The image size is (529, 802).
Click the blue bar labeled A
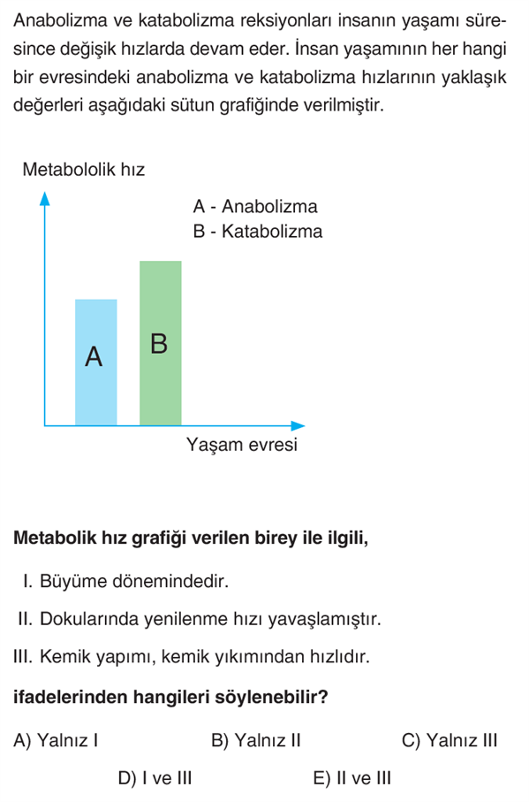click(95, 362)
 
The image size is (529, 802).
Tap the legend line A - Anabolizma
click(254, 207)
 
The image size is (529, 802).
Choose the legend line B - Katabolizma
click(257, 232)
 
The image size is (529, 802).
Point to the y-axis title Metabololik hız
click(83, 169)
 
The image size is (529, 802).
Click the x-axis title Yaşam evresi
click(242, 445)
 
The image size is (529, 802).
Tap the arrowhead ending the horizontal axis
click(299, 425)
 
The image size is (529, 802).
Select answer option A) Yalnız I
click(56, 740)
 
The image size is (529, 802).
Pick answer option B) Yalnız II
click(256, 740)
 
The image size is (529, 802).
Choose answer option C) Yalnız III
click(450, 740)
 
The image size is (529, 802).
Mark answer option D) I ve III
click(155, 778)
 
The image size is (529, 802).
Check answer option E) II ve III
click(351, 778)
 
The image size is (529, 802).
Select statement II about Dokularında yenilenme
click(199, 620)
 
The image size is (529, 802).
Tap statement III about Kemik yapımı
click(192, 658)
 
